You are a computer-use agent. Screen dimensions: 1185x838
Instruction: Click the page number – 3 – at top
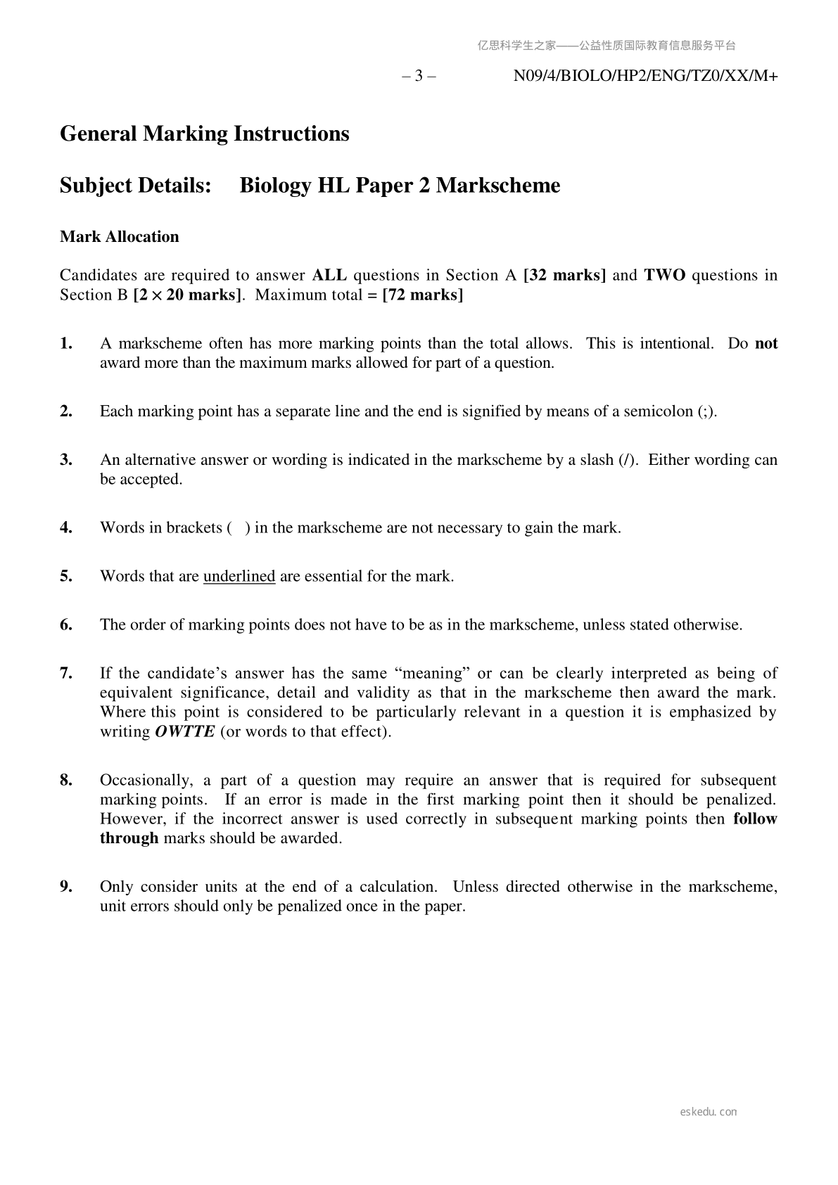pyautogui.click(x=419, y=76)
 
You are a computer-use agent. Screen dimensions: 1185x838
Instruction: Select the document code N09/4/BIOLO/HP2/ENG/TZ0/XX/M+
pyautogui.click(x=645, y=76)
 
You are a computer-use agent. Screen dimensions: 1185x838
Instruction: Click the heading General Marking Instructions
pyautogui.click(x=204, y=134)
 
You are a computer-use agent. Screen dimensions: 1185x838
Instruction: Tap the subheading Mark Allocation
pyautogui.click(x=120, y=237)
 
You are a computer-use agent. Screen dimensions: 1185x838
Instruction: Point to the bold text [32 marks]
pyautogui.click(x=565, y=275)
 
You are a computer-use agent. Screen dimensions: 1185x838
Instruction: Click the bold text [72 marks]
pyautogui.click(x=422, y=295)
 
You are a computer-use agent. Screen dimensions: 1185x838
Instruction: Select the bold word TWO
pyautogui.click(x=664, y=275)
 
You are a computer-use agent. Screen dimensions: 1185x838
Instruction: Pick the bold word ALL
pyautogui.click(x=329, y=275)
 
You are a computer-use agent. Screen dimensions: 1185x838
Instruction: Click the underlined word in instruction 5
pyautogui.click(x=239, y=577)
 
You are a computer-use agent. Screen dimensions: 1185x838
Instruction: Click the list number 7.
pyautogui.click(x=66, y=674)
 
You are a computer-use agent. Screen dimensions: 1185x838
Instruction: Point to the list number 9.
pyautogui.click(x=66, y=887)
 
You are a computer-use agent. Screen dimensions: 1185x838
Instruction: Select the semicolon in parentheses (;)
pyautogui.click(x=707, y=412)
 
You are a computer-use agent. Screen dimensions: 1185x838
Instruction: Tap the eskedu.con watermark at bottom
pyautogui.click(x=709, y=1112)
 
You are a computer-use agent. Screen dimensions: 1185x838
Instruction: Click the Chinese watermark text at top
pyautogui.click(x=607, y=46)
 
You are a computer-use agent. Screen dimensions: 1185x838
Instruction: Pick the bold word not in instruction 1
pyautogui.click(x=766, y=344)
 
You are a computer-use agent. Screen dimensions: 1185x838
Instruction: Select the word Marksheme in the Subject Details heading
pyautogui.click(x=498, y=186)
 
